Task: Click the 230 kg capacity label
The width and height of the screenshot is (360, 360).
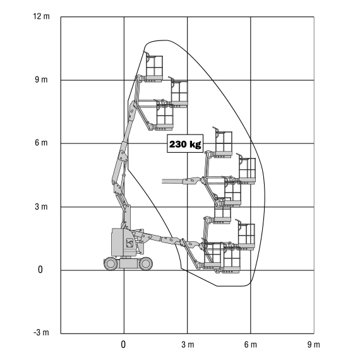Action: [185, 144]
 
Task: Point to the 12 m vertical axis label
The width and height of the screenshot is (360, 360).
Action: [41, 16]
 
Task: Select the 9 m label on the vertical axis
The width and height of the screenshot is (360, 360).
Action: [41, 80]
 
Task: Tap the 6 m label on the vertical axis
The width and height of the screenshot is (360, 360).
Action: [41, 143]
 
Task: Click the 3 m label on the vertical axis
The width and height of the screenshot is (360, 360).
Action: [41, 207]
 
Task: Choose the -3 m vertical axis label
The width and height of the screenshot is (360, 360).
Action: [41, 332]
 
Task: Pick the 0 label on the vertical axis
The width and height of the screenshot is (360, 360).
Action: [40, 270]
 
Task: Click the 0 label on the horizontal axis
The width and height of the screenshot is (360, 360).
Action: [123, 344]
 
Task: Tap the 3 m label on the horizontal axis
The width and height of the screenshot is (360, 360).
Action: [188, 344]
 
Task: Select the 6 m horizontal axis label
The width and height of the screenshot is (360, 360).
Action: [251, 344]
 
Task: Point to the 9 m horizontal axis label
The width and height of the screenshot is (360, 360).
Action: [314, 344]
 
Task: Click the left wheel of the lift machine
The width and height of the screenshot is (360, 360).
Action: [111, 264]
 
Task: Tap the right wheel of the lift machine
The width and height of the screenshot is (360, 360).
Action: [146, 264]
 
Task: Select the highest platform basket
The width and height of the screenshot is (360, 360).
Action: [154, 68]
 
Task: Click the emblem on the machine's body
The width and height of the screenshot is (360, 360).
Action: [129, 243]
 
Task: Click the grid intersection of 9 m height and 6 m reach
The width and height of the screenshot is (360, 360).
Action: [251, 80]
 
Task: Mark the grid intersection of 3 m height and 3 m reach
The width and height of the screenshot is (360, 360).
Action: [188, 207]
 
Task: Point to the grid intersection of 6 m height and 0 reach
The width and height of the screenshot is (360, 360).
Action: [124, 143]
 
